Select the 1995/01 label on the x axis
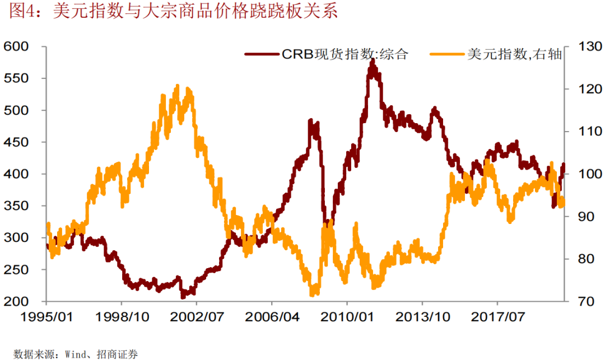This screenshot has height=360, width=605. tap(46, 317)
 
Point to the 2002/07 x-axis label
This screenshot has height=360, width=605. tap(197, 317)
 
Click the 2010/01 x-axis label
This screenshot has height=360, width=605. tap(347, 317)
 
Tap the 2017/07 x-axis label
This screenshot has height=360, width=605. tap(498, 317)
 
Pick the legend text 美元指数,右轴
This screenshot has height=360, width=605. tap(513, 54)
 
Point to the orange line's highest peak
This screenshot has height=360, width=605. tap(178, 86)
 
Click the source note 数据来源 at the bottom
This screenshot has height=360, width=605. tap(76, 354)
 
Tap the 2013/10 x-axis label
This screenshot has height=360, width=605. tap(423, 317)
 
